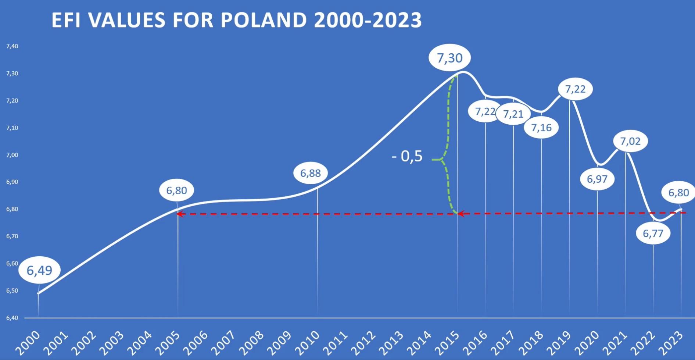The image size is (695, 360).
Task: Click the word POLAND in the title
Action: [264, 20]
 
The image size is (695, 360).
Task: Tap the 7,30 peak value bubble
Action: [449, 58]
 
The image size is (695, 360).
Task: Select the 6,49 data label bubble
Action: [39, 270]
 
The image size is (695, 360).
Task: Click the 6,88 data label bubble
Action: [311, 173]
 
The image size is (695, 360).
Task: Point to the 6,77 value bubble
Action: [653, 233]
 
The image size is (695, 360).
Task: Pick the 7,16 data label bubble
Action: [541, 128]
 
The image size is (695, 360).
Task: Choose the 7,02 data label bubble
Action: [630, 141]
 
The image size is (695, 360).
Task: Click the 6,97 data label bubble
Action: [597, 179]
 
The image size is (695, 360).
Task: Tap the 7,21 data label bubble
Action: [513, 114]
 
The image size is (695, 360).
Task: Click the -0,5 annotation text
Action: [407, 156]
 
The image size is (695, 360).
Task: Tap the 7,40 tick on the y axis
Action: [12, 46]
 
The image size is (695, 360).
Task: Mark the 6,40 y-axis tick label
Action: [12, 318]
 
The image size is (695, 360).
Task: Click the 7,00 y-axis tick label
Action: [12, 155]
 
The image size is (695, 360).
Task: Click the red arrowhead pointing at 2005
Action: [180, 214]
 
